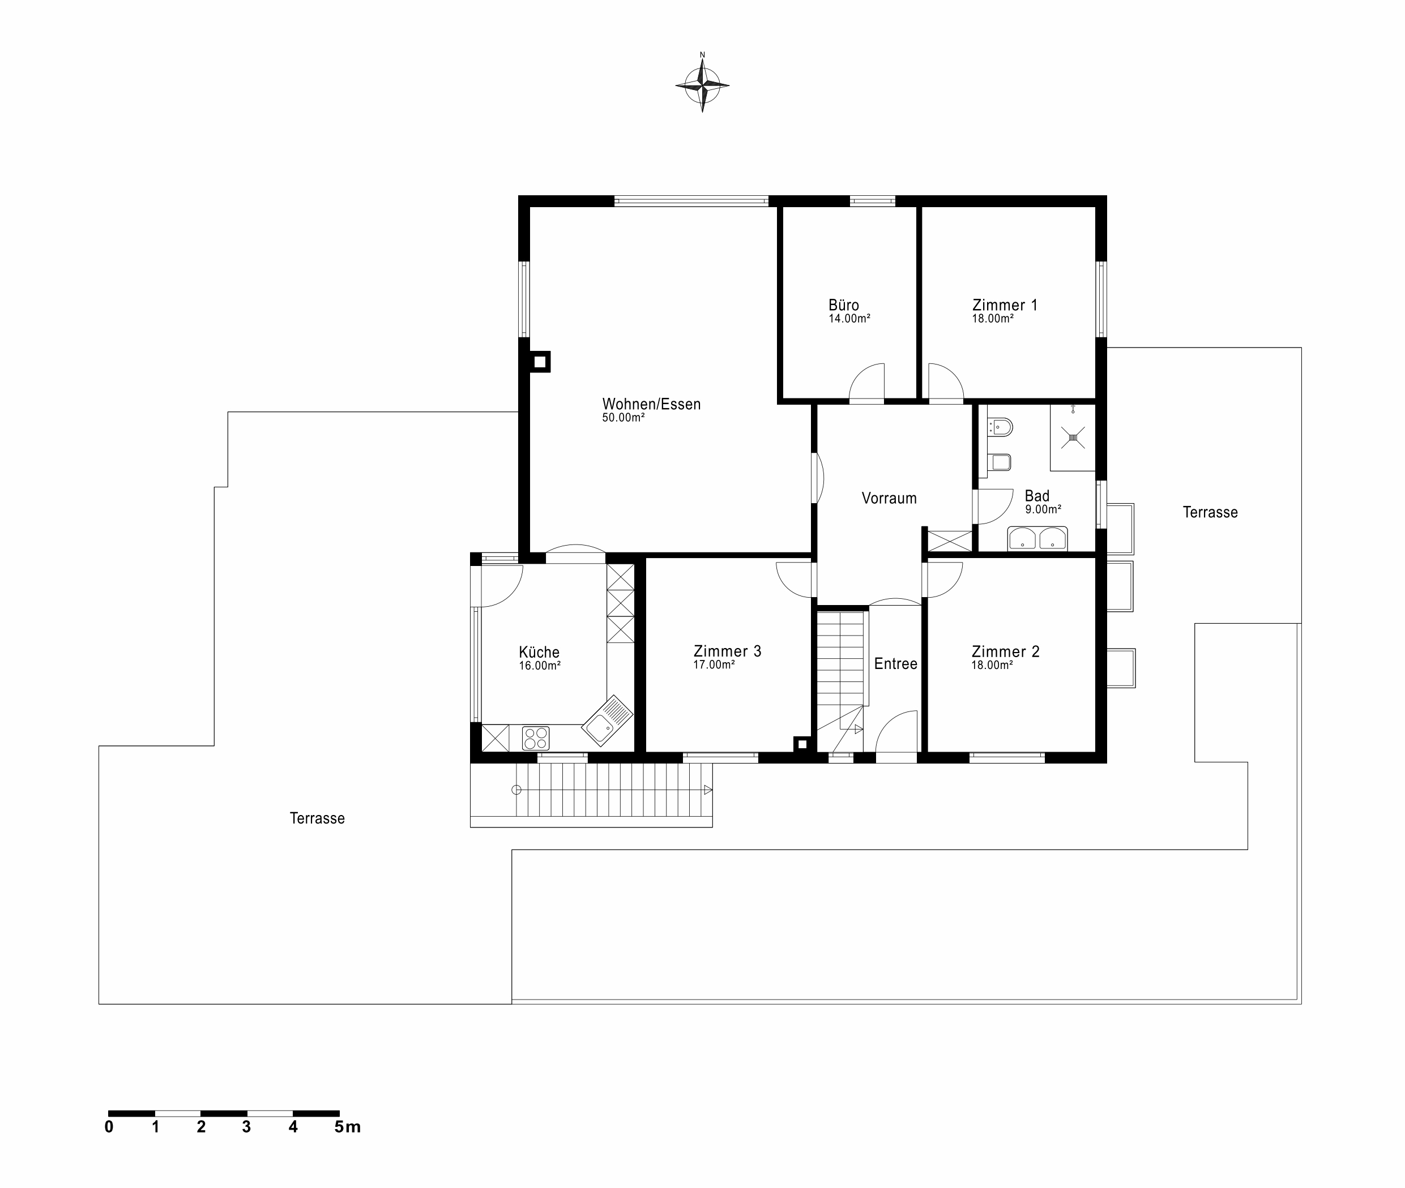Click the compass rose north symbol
702,85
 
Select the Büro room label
844,305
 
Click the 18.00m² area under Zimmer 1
993,319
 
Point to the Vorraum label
889,499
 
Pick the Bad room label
1037,496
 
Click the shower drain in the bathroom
1073,438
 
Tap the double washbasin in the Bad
1037,539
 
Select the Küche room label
539,652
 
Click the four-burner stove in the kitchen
536,738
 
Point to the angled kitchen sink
607,720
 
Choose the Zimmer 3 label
727,651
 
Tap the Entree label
895,664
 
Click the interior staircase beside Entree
840,680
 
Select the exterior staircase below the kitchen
591,795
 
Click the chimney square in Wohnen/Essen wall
540,362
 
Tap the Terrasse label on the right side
1210,513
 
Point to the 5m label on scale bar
348,1127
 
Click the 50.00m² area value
624,418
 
